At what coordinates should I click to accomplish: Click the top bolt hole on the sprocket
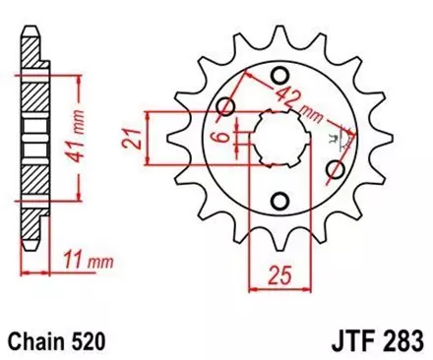tap(280, 75)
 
